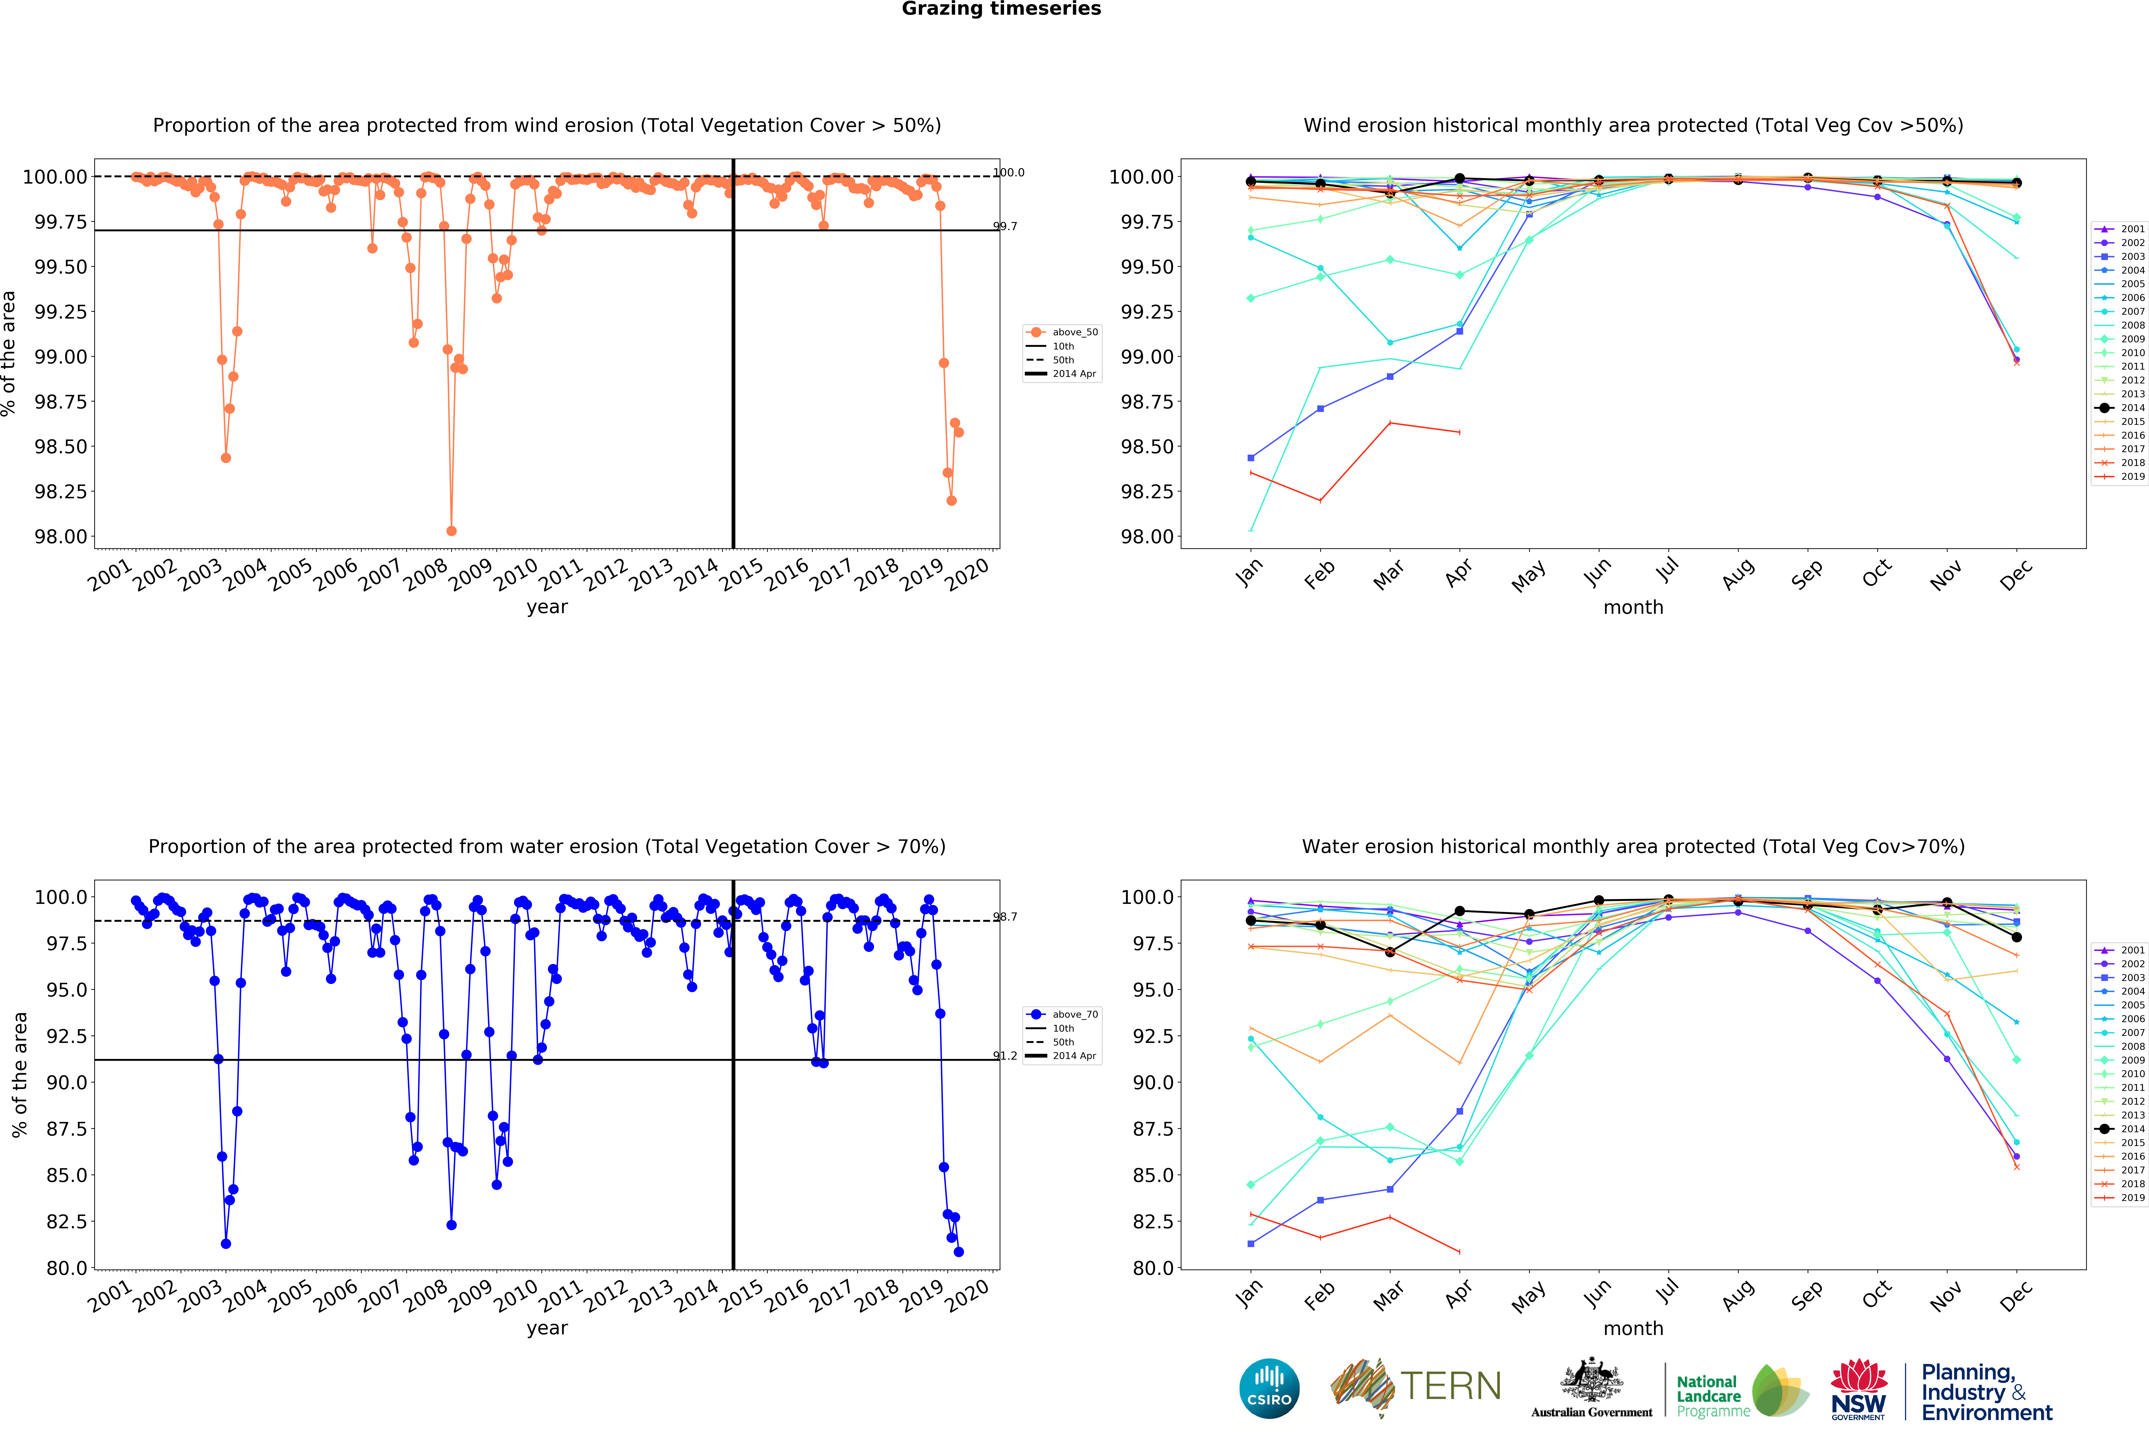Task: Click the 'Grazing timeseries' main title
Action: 1001,9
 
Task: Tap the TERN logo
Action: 1416,1386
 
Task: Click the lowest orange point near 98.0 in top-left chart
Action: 451,531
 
